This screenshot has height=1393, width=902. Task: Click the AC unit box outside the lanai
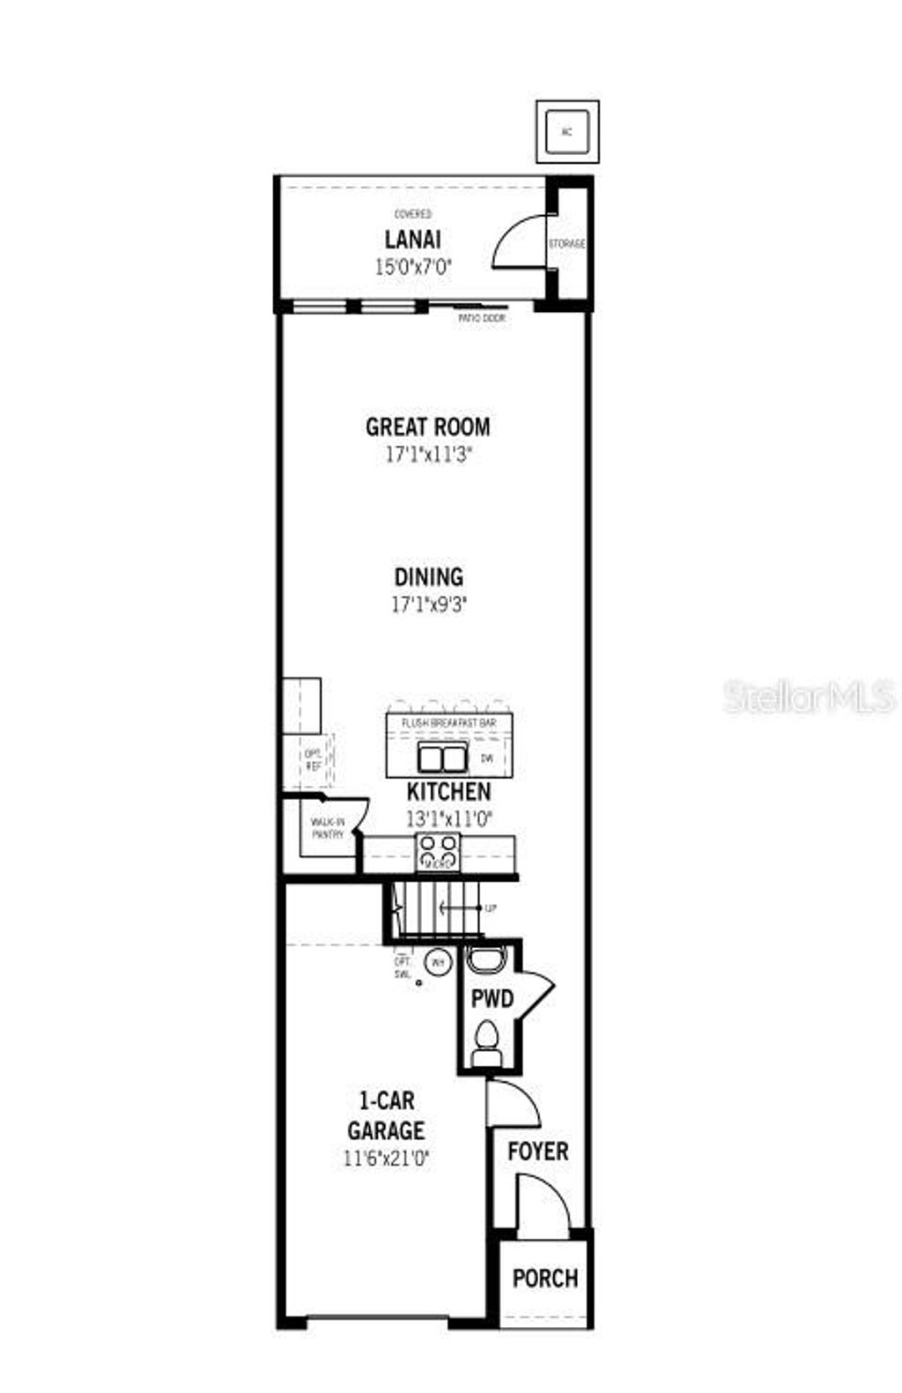click(x=567, y=132)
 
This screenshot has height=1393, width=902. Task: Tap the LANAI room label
click(x=412, y=240)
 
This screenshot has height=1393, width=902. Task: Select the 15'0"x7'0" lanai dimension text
click(x=412, y=267)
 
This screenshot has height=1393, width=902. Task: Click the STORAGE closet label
click(x=566, y=244)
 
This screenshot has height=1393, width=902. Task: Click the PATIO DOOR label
click(x=482, y=317)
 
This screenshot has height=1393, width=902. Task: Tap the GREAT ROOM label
click(x=428, y=427)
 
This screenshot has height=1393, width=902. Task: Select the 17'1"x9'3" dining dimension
click(x=428, y=605)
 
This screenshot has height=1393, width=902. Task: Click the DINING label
click(x=428, y=577)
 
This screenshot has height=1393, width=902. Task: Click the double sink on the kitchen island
click(x=442, y=758)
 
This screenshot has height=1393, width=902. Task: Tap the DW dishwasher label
click(x=486, y=758)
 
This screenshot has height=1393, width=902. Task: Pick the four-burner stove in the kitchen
click(x=438, y=851)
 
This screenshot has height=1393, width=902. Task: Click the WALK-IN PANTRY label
click(x=328, y=828)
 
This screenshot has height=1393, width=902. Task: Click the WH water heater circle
click(x=438, y=963)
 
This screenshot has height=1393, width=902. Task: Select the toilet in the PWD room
click(x=485, y=1040)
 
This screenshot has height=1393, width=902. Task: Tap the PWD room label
click(x=492, y=999)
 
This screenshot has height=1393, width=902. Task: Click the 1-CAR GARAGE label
click(x=386, y=1115)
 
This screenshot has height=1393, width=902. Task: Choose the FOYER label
click(x=537, y=1152)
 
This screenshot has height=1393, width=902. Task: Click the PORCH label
click(x=545, y=1278)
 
